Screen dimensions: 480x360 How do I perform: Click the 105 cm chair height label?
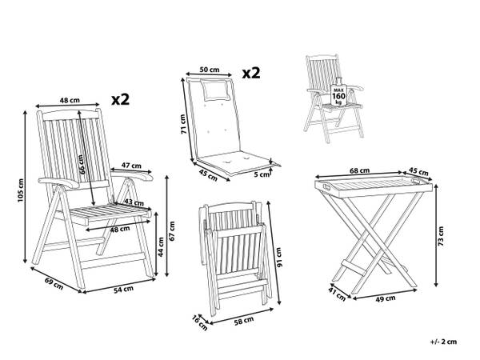pos(20,190)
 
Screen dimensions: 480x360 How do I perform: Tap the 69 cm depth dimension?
pos(54,283)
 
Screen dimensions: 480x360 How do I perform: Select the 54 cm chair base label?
pos(124,290)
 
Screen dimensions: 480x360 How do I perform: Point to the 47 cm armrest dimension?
pos(131,166)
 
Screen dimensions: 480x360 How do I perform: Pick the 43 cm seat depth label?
pos(134,202)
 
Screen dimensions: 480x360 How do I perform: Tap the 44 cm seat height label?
pos(160,246)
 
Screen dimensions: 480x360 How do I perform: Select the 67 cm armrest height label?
pos(172,231)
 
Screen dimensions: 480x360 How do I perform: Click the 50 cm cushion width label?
pos(210,70)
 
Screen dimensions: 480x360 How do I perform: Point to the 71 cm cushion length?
pos(183,124)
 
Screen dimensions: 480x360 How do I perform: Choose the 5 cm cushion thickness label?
pos(262,174)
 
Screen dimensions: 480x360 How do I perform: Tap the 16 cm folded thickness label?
pos(199,323)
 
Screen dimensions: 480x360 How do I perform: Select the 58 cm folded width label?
pos(244,321)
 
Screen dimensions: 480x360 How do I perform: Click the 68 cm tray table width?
pos(360,170)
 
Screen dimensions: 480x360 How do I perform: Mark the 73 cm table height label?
pos(441,236)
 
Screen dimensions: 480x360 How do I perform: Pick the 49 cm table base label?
pos(386,298)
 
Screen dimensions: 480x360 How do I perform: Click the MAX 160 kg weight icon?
pos(339,93)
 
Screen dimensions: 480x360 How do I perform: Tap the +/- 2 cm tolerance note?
pos(443,342)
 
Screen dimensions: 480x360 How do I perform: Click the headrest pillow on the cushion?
pos(215,89)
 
